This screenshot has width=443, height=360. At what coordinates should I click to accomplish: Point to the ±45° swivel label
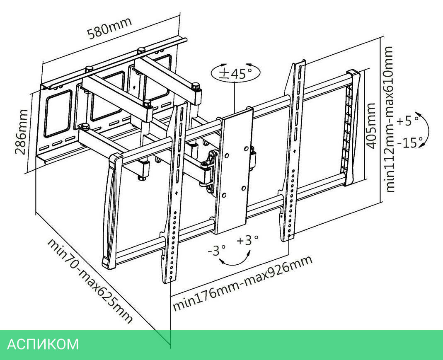point(236,73)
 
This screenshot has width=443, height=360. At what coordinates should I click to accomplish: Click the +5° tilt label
point(407,121)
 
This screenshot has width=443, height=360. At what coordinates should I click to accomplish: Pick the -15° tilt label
point(409,143)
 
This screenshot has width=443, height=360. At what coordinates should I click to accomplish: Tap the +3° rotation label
point(248,240)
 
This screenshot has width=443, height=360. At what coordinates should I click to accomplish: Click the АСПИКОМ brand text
point(43,344)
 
